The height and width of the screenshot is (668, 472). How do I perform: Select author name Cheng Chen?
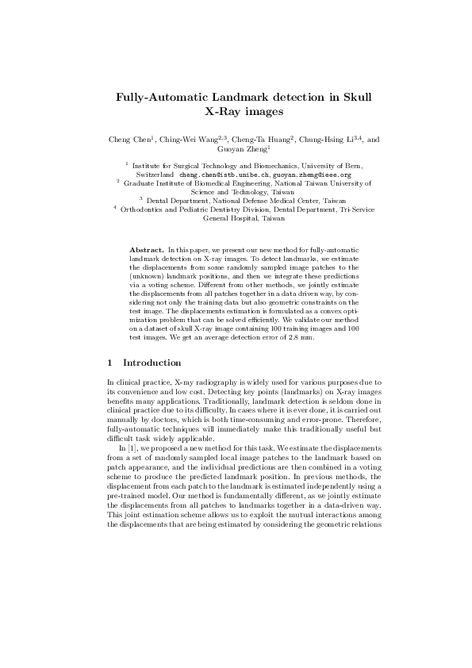tap(130, 140)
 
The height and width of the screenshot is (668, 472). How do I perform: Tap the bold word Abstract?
tap(148, 250)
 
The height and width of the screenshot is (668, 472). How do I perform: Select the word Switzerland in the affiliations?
tap(155, 173)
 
